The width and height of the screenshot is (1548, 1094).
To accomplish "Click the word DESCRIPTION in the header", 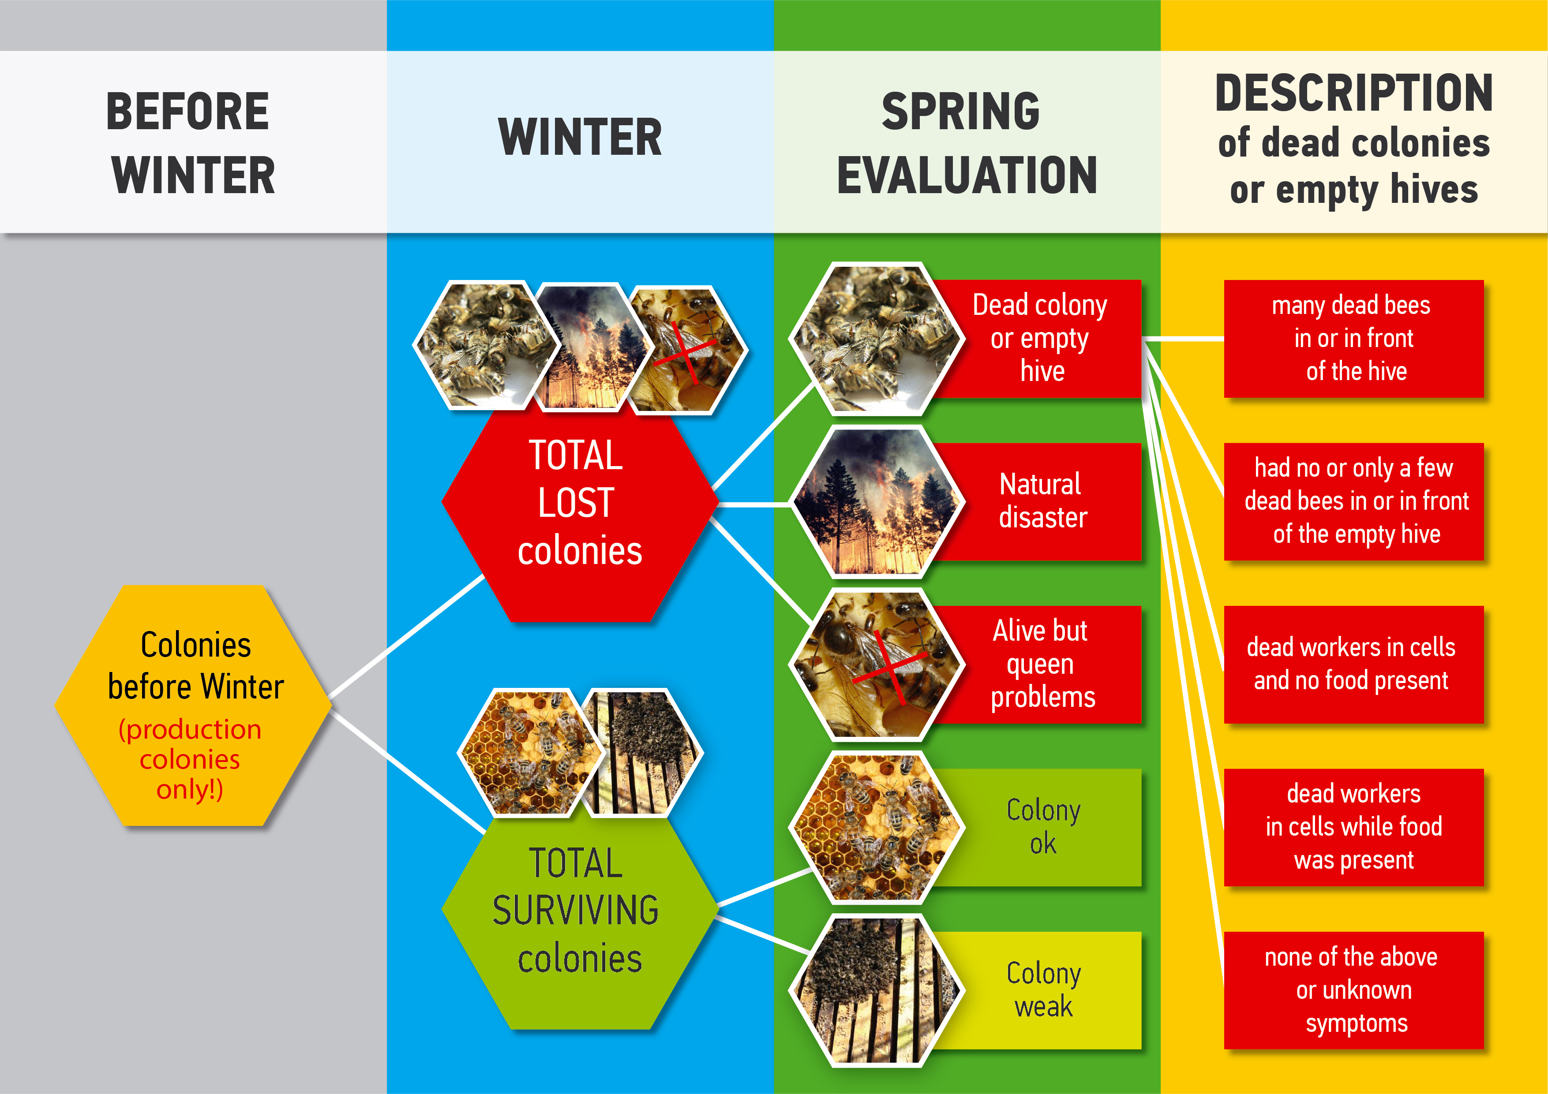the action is [1354, 93].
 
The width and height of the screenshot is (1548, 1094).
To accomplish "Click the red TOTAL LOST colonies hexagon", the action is [580, 502].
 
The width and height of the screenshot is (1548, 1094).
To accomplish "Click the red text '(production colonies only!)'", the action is [190, 759].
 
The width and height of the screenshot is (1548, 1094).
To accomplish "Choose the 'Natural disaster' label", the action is [1042, 501].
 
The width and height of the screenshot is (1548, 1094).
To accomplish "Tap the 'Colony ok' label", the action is [1043, 826].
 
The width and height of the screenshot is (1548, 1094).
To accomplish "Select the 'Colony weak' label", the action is [1043, 989].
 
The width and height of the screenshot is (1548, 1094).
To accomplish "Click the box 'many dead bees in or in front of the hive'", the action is [1354, 338].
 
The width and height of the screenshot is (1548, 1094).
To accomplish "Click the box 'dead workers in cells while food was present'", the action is [1354, 827].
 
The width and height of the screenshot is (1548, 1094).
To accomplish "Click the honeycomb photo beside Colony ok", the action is [877, 827].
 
